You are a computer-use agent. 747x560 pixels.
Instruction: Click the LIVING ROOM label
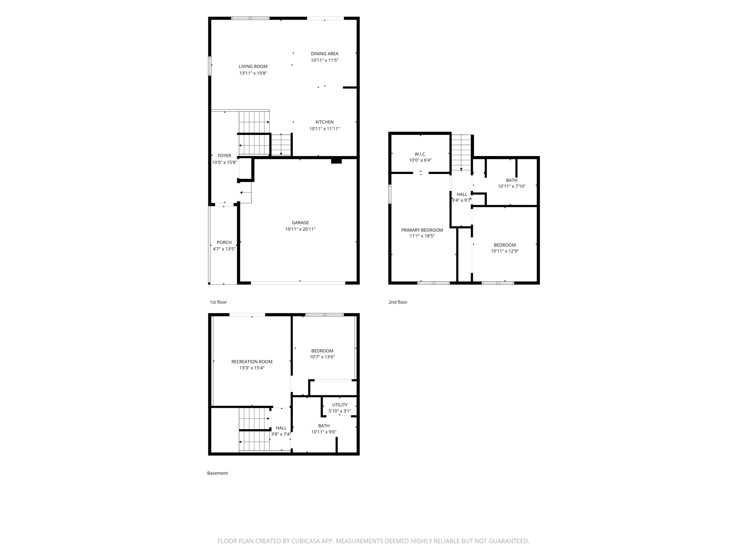click(x=253, y=66)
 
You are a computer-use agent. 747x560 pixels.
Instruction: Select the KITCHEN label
click(x=324, y=122)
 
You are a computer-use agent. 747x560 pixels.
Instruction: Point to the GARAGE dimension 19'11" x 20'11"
click(x=300, y=229)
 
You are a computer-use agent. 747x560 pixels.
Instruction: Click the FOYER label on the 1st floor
click(x=225, y=156)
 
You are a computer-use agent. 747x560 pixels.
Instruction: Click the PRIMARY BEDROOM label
click(x=422, y=230)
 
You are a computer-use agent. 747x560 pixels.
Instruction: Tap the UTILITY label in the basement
click(x=340, y=405)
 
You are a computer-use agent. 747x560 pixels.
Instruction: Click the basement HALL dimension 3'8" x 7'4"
click(x=281, y=434)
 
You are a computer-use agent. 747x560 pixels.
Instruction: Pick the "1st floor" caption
click(x=218, y=302)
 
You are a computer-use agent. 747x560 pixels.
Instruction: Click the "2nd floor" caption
click(x=398, y=302)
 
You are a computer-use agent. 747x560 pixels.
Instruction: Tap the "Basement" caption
click(x=217, y=473)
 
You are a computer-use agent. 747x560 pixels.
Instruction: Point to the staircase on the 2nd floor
click(x=461, y=153)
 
